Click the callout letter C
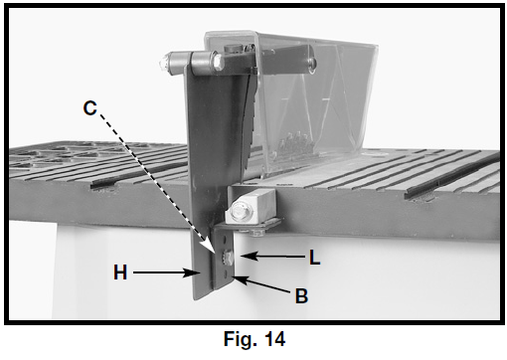90,108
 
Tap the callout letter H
120,272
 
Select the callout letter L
315,257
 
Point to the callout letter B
301,295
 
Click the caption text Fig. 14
254,339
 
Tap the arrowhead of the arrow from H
194,272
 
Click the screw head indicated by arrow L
227,257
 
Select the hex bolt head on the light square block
241,212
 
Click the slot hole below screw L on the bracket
226,272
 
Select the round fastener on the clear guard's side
311,64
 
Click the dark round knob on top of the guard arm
232,48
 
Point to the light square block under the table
251,206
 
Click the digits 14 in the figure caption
274,339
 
